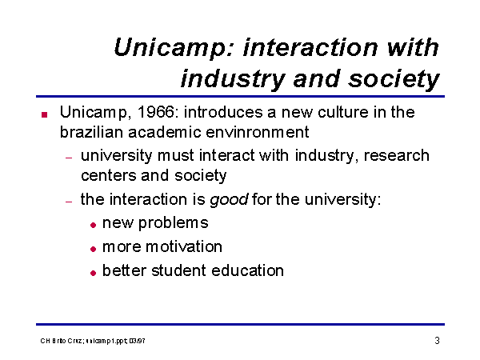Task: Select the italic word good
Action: coord(229,200)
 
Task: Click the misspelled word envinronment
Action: coord(258,133)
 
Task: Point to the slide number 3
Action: coord(437,341)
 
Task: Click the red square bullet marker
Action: coord(44,114)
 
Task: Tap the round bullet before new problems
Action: coord(94,226)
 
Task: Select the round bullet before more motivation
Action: coord(94,249)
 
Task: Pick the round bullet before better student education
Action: coord(94,273)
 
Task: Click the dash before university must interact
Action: coord(69,158)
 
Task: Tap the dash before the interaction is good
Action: coord(69,202)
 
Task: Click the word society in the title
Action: coord(394,79)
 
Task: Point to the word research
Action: coord(397,155)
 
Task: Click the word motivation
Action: coord(184,246)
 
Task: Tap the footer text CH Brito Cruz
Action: coord(61,341)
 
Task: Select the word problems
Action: coord(174,223)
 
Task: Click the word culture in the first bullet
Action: coord(342,112)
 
